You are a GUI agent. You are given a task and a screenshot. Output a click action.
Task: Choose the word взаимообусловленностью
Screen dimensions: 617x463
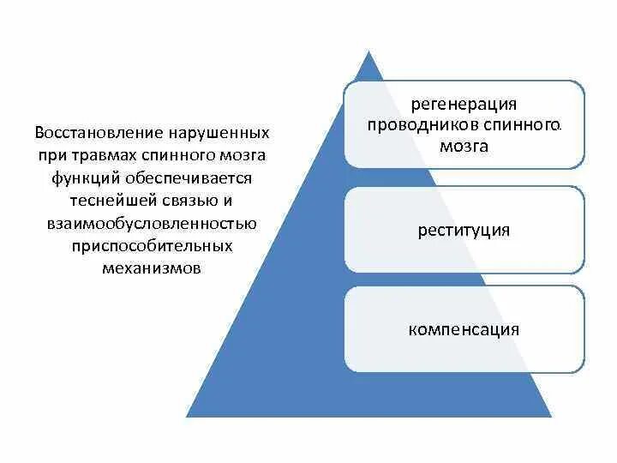coord(151,223)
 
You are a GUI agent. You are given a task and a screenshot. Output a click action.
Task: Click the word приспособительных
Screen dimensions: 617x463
coord(152,245)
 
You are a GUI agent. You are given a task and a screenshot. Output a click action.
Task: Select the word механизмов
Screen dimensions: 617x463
coord(151,268)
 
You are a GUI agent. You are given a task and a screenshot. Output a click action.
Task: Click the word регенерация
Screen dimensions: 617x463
coord(464,105)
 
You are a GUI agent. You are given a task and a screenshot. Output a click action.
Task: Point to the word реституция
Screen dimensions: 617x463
coord(464,230)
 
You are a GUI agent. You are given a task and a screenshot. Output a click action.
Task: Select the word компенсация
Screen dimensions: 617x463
coord(464,328)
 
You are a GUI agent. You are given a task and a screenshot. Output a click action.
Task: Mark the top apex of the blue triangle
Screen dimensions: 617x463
coord(369,52)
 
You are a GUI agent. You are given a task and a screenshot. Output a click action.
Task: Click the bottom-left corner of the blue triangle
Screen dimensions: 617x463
coord(188,417)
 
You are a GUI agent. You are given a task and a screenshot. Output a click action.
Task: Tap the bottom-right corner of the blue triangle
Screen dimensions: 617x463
coord(551,417)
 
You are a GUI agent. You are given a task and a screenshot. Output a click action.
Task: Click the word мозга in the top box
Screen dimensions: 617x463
coord(464,146)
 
